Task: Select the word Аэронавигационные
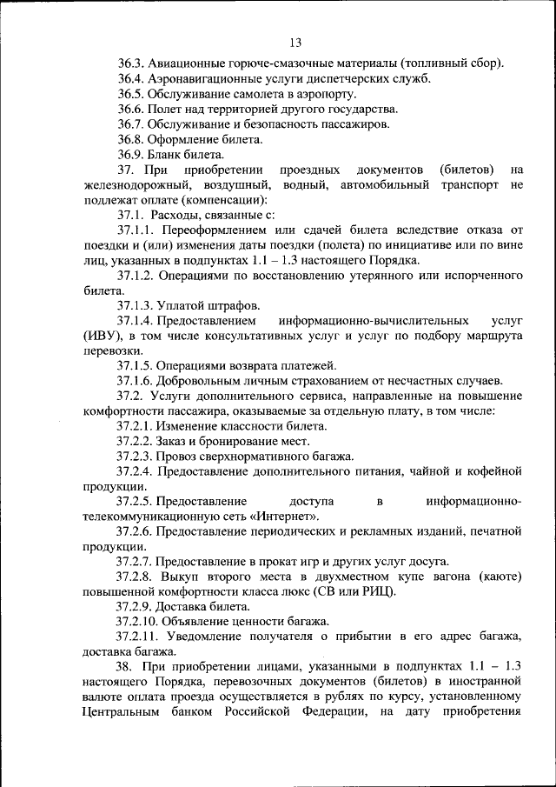click(x=200, y=79)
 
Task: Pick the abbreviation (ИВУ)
click(x=81, y=335)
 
